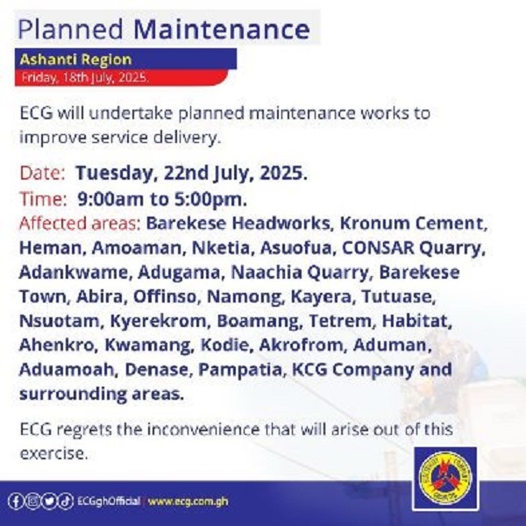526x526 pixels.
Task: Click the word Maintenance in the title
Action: [x=222, y=30]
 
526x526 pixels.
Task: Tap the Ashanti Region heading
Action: [x=75, y=60]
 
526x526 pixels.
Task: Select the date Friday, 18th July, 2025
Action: [x=85, y=77]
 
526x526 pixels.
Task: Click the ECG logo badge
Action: [x=445, y=478]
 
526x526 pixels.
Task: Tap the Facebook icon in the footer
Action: [x=16, y=501]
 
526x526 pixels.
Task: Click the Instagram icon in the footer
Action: [x=32, y=501]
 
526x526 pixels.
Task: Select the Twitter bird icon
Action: [x=49, y=501]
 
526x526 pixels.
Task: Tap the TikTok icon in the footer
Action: [x=66, y=501]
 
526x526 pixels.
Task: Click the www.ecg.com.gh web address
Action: [x=188, y=501]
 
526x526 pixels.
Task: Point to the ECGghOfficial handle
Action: [x=109, y=501]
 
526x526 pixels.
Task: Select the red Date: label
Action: [x=42, y=173]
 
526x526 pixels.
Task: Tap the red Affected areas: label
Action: [x=80, y=223]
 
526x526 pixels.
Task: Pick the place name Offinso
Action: [x=165, y=296]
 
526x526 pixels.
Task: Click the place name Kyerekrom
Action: [x=158, y=321]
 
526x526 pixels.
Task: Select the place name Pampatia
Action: [x=240, y=370]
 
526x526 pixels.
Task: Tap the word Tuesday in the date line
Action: [x=115, y=173]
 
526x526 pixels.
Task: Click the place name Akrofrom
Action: [x=302, y=345]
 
